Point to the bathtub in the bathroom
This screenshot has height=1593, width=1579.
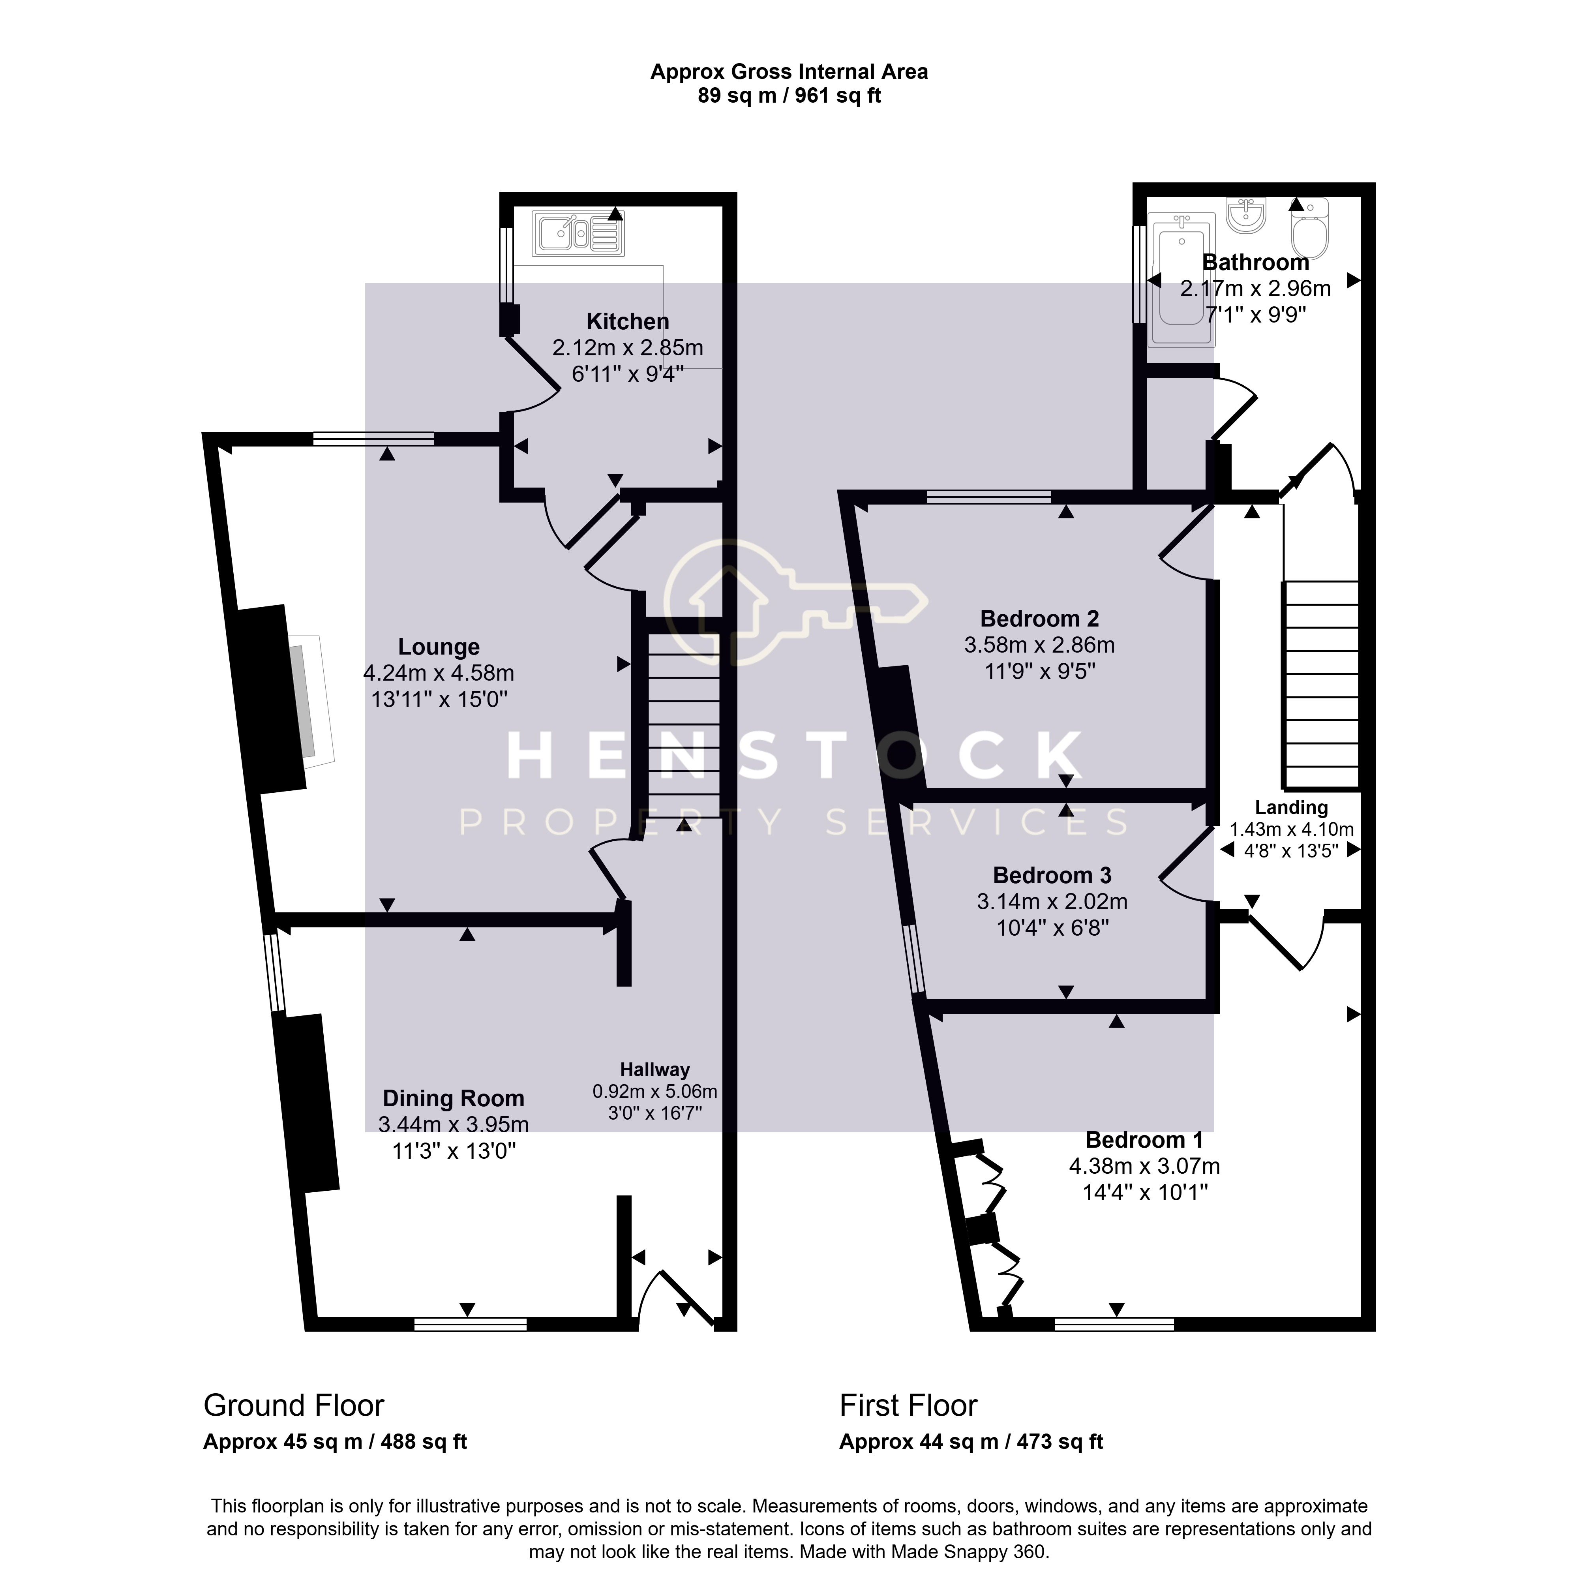[x=1181, y=280]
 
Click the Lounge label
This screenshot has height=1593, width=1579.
[x=439, y=647]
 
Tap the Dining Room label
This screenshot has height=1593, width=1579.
[x=454, y=1098]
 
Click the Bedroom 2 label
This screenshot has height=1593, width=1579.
[x=1039, y=618]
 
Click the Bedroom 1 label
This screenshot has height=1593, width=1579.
[x=1144, y=1139]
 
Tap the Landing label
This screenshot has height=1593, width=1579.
[x=1291, y=808]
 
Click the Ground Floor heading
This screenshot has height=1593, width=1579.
[x=294, y=1405]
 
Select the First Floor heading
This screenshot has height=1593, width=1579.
[x=908, y=1405]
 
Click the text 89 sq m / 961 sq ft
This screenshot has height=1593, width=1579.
[x=789, y=96]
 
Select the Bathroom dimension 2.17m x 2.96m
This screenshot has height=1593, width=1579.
[x=1255, y=289]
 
